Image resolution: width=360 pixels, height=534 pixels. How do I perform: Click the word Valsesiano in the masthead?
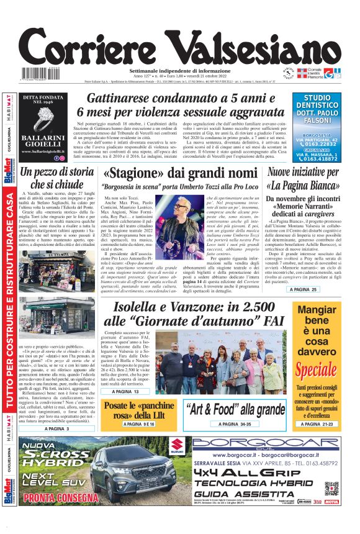(x=253, y=42)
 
